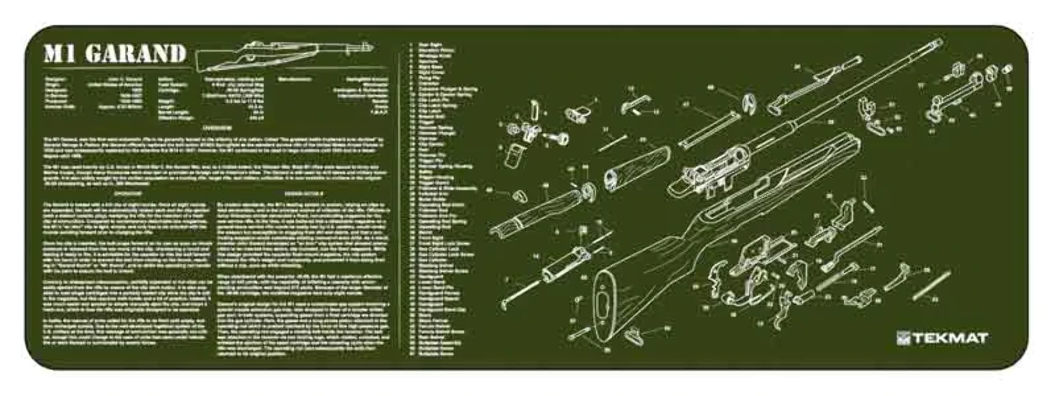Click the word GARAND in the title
pos(135,54)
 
